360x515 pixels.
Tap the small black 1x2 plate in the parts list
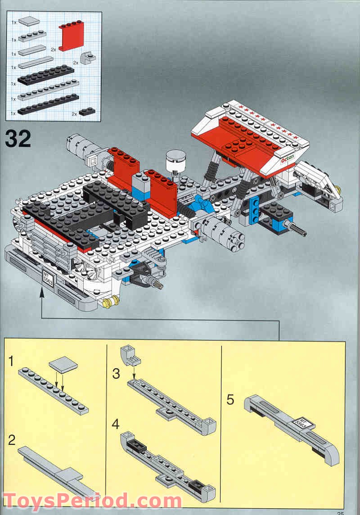tap(86, 111)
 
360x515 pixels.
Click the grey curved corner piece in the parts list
tap(87, 59)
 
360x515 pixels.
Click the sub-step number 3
tap(117, 373)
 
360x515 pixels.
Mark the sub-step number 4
tap(117, 424)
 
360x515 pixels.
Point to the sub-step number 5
tap(231, 399)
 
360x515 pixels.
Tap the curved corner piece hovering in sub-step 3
tap(131, 354)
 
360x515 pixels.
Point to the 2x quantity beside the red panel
tap(53, 49)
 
